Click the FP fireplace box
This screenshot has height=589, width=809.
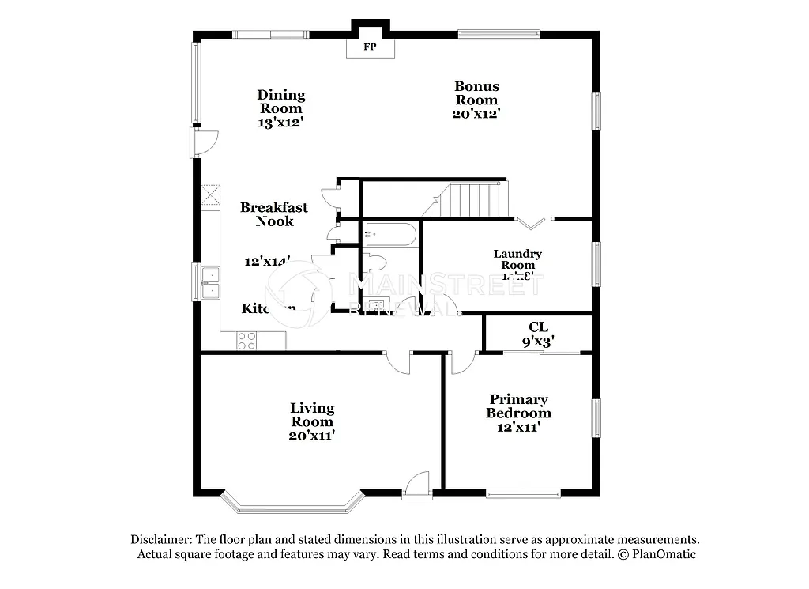[x=369, y=47]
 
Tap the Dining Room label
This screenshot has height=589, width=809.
[x=280, y=102]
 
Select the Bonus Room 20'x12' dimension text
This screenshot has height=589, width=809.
[x=476, y=113]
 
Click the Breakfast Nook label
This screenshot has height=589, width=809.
[x=274, y=214]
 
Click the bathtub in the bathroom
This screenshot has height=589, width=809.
[x=390, y=235]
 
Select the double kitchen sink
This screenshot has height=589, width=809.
[x=210, y=283]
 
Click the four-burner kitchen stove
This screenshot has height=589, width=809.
[x=246, y=340]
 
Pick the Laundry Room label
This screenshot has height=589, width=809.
[x=517, y=259]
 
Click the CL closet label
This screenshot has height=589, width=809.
[x=539, y=327]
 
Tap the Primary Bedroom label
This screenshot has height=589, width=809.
[x=518, y=406]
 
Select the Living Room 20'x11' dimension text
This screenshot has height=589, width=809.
[x=312, y=435]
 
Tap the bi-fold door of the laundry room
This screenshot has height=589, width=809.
[x=534, y=221]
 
